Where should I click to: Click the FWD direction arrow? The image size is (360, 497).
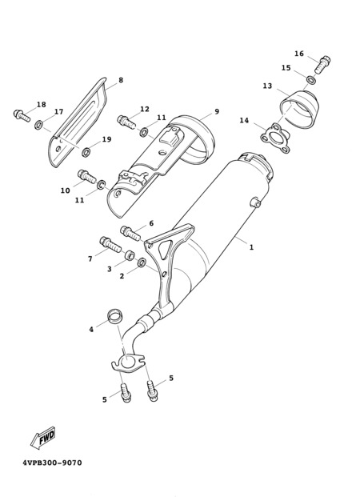click(x=42, y=438)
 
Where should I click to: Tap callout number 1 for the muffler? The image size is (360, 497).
click(x=251, y=247)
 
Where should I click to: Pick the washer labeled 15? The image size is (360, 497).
click(x=311, y=80)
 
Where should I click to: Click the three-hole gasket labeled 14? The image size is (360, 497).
click(x=275, y=139)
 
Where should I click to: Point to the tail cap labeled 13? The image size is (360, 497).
click(x=299, y=109)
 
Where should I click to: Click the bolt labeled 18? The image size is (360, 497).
click(x=22, y=115)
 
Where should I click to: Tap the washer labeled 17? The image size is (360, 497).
click(x=39, y=125)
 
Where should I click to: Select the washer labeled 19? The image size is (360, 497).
click(x=86, y=152)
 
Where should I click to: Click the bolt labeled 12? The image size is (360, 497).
click(x=126, y=122)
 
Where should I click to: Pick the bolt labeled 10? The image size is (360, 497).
click(x=86, y=176)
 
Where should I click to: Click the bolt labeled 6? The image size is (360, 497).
click(x=130, y=233)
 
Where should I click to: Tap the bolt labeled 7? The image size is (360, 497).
click(x=110, y=244)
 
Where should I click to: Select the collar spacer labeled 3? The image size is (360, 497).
click(x=130, y=255)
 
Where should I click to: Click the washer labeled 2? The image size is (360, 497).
click(x=142, y=263)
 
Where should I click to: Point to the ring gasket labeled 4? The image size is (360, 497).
click(x=114, y=316)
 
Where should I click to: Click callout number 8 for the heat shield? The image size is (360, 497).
click(x=121, y=80)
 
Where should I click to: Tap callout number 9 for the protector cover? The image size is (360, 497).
click(x=217, y=111)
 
